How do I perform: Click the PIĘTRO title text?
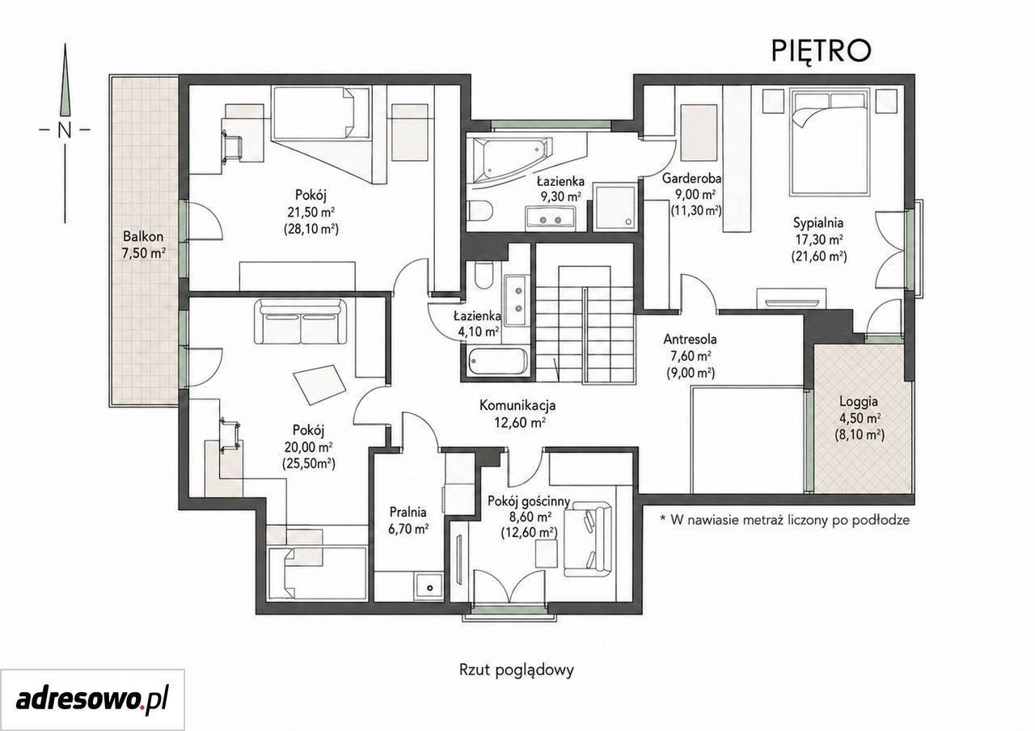[821, 51]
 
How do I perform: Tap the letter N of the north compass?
[65, 130]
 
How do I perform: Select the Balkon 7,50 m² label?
[143, 245]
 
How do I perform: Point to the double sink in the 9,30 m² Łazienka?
[550, 219]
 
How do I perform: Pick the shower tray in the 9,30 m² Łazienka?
[614, 208]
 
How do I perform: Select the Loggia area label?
[860, 419]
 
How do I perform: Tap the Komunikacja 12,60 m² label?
[517, 413]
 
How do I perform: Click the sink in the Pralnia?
[429, 587]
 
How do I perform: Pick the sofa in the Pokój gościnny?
[588, 541]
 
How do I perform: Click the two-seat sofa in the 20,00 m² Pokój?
[301, 321]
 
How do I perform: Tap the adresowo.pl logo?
[92, 700]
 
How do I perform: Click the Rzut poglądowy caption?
[517, 670]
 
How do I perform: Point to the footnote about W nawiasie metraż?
[785, 520]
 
